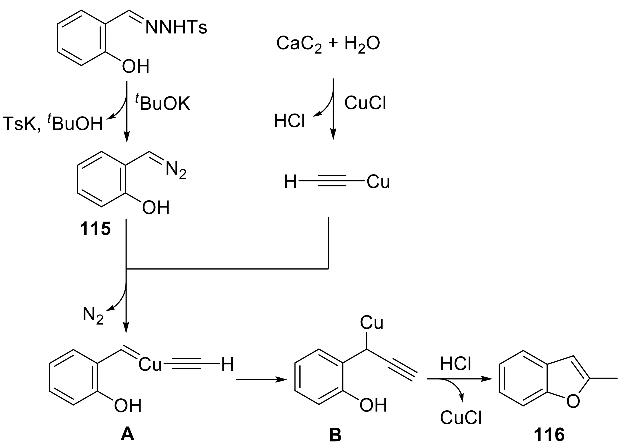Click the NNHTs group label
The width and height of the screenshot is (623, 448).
tap(176, 28)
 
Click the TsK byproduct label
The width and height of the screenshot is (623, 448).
tap(21, 124)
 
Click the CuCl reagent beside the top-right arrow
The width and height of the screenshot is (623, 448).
tap(365, 103)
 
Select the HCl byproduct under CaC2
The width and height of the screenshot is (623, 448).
tap(289, 121)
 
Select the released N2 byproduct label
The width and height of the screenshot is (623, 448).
tap(93, 316)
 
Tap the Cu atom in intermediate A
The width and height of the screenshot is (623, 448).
tap(150, 365)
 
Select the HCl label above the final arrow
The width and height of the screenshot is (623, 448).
tap(456, 364)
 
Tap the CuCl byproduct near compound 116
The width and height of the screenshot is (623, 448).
tap(461, 418)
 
